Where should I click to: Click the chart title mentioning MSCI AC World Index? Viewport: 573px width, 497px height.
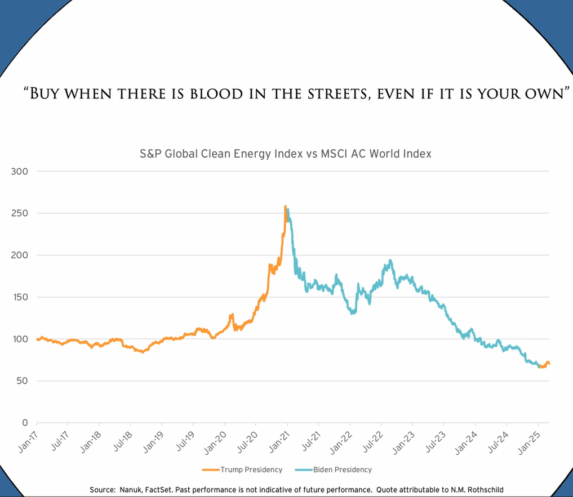[285, 154]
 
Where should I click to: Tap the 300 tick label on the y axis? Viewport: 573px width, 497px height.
[20, 171]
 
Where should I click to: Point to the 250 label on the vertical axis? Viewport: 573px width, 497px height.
[20, 213]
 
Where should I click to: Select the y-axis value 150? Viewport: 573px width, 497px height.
[20, 297]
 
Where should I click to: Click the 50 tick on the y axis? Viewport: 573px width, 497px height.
[23, 381]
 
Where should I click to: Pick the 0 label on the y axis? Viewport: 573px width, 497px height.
[25, 423]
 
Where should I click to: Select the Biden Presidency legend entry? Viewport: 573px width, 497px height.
[345, 469]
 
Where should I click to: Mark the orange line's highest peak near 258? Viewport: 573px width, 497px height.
[286, 207]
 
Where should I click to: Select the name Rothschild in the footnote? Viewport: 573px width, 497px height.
[482, 490]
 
